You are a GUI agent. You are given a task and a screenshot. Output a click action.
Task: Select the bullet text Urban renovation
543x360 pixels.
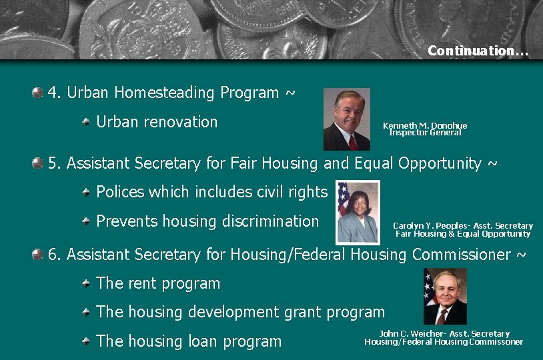pyautogui.click(x=157, y=122)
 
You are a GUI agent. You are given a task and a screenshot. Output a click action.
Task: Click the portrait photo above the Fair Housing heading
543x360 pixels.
pyautogui.click(x=346, y=119)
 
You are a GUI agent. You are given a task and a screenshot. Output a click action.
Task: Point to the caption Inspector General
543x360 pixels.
pyautogui.click(x=425, y=133)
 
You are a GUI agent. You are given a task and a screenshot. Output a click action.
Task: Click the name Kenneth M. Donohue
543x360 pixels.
pyautogui.click(x=425, y=125)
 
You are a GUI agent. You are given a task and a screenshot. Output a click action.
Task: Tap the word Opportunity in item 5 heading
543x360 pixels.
pyautogui.click(x=440, y=163)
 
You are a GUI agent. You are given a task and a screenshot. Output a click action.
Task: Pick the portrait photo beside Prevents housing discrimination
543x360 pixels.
pyautogui.click(x=358, y=212)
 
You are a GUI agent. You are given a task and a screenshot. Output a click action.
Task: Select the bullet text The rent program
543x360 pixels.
pyautogui.click(x=158, y=283)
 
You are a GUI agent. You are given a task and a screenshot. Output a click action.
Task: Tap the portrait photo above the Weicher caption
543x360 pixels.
pyautogui.click(x=446, y=296)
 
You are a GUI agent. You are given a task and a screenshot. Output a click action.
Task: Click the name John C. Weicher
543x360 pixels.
pyautogui.click(x=410, y=334)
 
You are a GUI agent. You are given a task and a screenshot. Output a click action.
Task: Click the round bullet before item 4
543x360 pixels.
pyautogui.click(x=38, y=92)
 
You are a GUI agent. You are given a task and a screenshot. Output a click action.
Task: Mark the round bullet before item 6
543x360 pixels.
pyautogui.click(x=38, y=254)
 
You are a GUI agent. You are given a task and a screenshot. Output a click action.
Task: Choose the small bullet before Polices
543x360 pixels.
pyautogui.click(x=86, y=193)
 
